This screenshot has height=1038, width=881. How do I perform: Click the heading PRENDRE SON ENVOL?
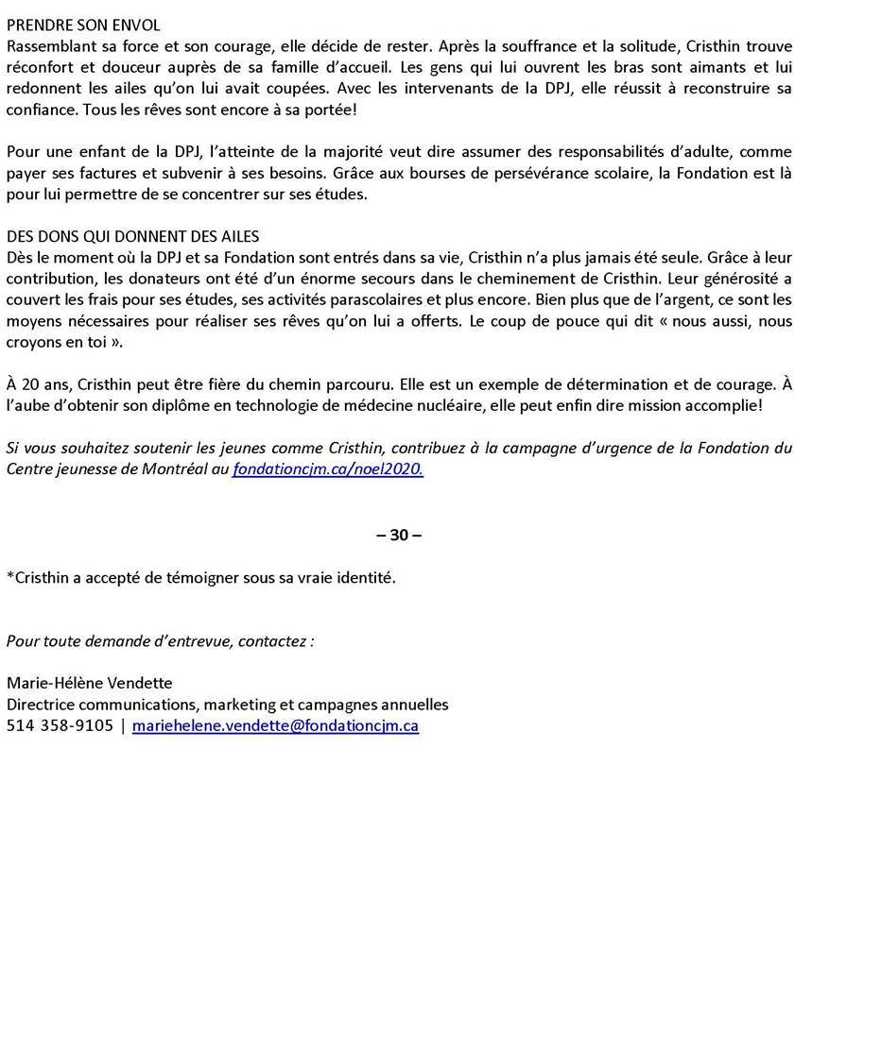coord(83,26)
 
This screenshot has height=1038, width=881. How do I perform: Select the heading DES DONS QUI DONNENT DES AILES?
coord(132,236)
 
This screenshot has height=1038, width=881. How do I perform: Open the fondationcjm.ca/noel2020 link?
coord(327,468)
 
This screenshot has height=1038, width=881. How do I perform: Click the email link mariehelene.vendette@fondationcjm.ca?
coord(275,725)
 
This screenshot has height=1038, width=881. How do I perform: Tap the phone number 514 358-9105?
coord(60,725)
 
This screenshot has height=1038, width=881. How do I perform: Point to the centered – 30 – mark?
coord(399,535)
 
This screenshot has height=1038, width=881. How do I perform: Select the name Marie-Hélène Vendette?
coord(90,683)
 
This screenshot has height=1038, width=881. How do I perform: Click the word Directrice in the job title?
coord(41,705)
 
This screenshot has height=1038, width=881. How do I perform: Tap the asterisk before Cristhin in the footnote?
coord(10,576)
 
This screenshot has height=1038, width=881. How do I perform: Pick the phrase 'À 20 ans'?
coord(37,384)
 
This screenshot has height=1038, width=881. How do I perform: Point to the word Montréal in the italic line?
coord(176,468)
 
